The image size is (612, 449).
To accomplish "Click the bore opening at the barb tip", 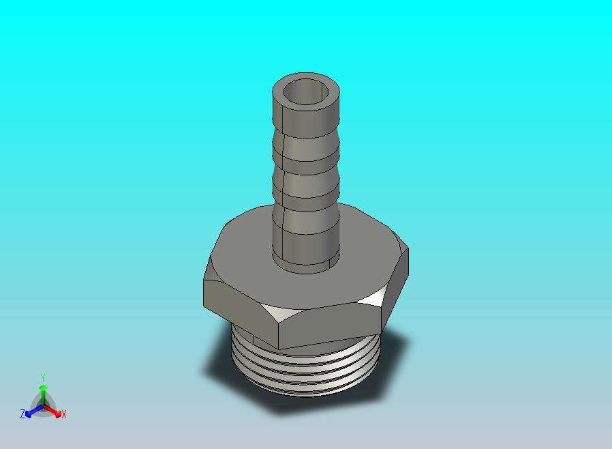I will click(306, 91).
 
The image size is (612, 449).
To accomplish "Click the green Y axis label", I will click(42, 377).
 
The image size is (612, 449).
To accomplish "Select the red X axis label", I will click(64, 414).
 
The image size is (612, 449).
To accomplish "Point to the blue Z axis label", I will click(22, 414).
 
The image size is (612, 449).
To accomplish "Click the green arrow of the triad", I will click(42, 392).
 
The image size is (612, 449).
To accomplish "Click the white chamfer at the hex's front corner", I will click(279, 315).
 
